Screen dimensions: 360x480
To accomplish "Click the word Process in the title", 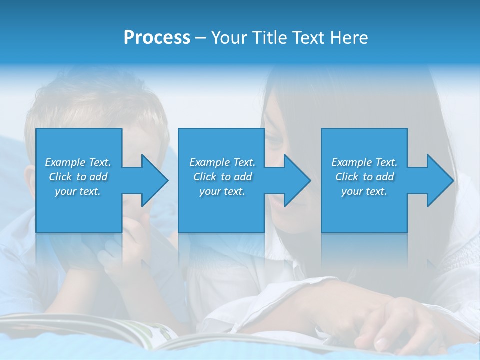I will pos(157,38).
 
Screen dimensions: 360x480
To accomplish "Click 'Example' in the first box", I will pos(65,162).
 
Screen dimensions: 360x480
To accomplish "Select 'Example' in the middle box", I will pos(209,162).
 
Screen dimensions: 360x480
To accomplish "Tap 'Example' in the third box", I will pos(351,162).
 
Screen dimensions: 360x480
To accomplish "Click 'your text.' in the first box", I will pos(78,191).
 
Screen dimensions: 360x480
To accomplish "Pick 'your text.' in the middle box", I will pos(222,191).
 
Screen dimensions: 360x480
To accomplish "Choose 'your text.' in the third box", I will pos(364,191).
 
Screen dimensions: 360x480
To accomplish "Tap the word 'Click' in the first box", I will pos(60,177).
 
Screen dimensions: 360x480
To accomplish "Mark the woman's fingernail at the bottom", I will pos(382,344).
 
